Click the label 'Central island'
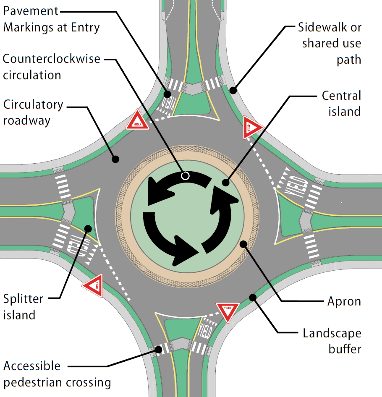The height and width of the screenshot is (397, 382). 341,103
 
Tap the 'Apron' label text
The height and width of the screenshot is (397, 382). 344,301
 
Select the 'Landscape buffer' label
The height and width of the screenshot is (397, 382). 332,341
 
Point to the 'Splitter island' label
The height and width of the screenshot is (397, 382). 23,307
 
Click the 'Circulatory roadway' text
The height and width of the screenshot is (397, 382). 33,112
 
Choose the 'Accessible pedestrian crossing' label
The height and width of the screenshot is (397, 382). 57,374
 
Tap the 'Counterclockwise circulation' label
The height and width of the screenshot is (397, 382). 51,67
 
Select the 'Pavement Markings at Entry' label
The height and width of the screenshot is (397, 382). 51,19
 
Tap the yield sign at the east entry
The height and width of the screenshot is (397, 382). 251,128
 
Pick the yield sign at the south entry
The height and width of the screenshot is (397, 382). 228,311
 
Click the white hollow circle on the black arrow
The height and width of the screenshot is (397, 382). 185,175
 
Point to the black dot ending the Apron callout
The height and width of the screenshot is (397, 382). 243,244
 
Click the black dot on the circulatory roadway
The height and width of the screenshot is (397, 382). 115,159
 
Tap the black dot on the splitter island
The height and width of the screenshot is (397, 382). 88,229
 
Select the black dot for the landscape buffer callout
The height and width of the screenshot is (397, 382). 253,298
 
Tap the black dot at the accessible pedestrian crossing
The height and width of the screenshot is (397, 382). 158,350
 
